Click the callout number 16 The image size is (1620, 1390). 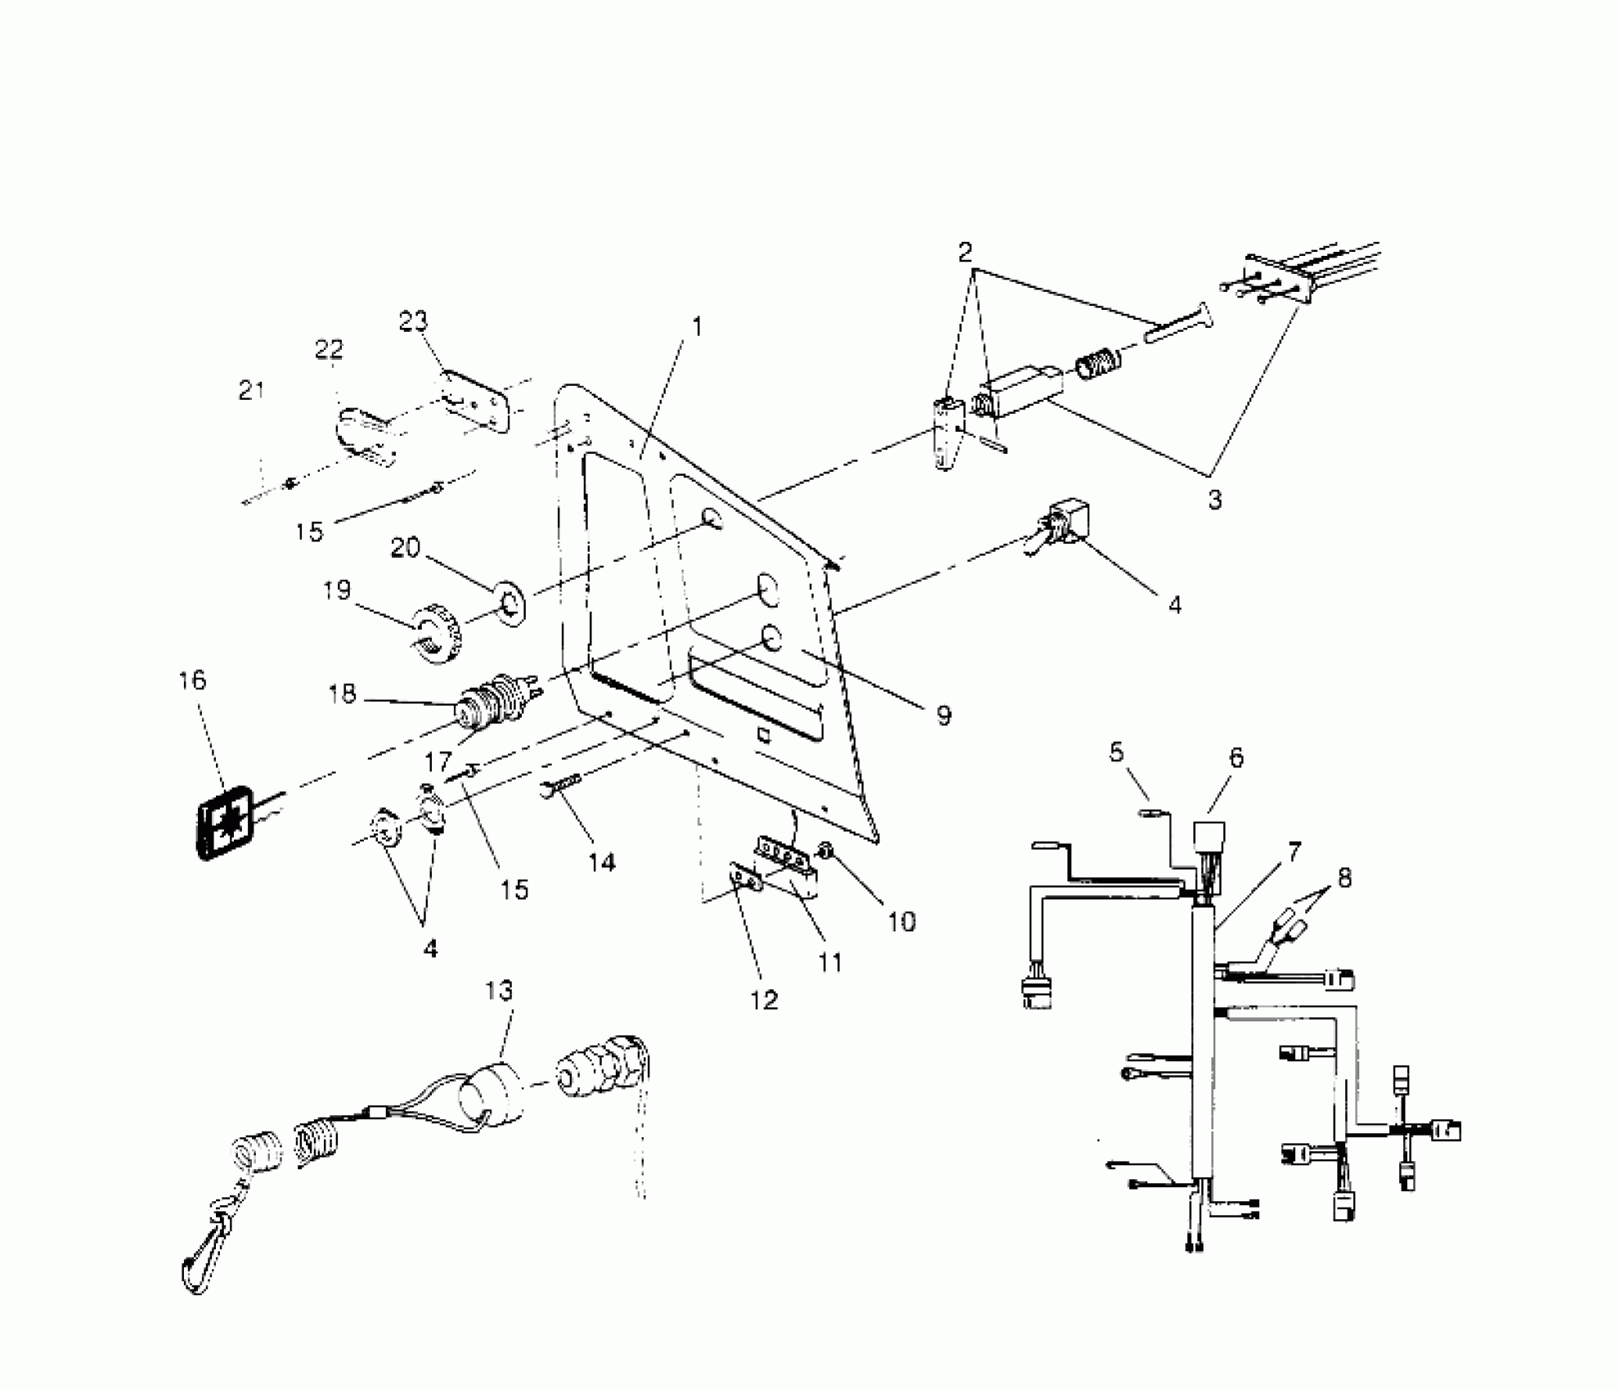point(193,680)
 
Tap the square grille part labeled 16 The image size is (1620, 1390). point(227,824)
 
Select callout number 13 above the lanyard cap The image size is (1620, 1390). point(499,990)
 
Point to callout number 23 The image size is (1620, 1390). point(413,321)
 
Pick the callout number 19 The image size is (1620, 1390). point(337,590)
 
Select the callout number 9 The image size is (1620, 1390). point(944,716)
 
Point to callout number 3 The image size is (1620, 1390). point(1215,500)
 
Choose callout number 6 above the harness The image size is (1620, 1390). point(1236,758)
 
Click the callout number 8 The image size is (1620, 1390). point(1344,878)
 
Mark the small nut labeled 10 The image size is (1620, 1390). point(826,854)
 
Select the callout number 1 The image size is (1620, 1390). point(697,326)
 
